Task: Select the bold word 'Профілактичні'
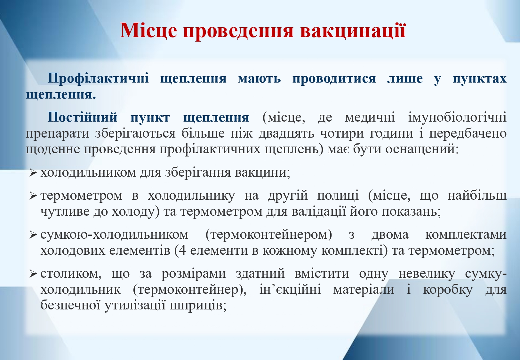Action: click(98, 78)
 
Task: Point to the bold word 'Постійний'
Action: click(83, 117)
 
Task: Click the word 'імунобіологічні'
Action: click(457, 117)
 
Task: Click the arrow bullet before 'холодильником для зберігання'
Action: click(33, 173)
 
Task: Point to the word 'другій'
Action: click(288, 196)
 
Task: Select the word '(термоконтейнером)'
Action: click(269, 235)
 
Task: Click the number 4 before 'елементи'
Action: click(182, 250)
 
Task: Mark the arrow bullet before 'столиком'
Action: click(33, 274)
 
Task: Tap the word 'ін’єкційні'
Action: click(290, 290)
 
